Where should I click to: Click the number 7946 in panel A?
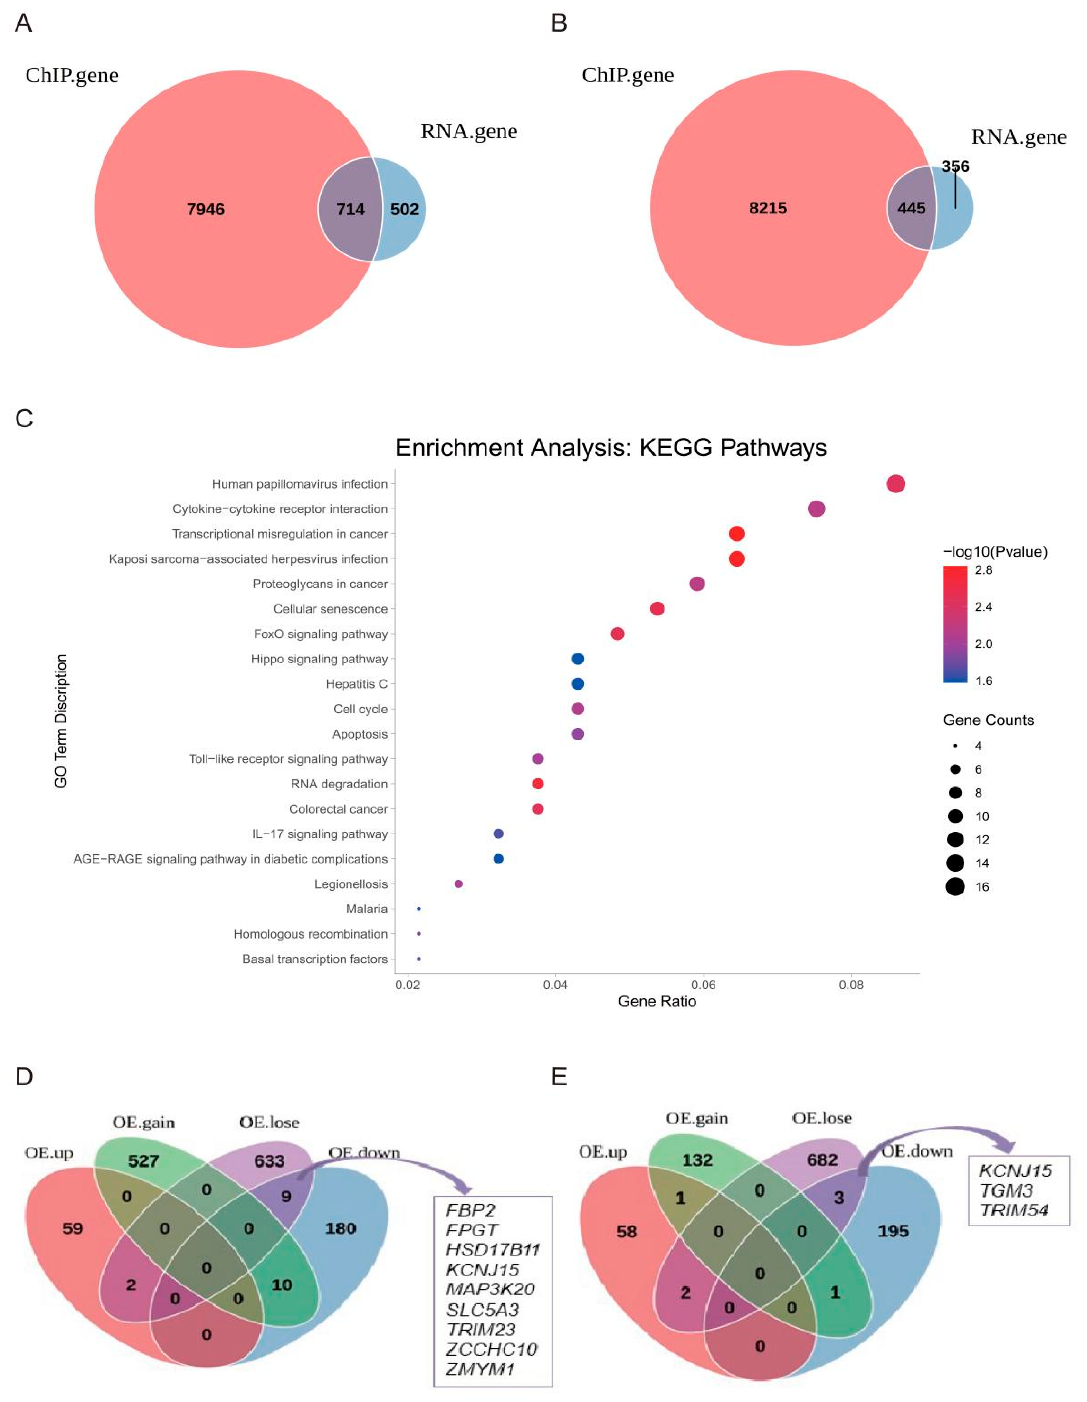click(205, 209)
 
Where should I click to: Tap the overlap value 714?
click(350, 209)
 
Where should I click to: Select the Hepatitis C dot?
click(577, 684)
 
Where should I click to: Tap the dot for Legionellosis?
click(458, 884)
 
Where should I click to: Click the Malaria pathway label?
click(367, 909)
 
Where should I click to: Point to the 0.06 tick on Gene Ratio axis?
click(704, 985)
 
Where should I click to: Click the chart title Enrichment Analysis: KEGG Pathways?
click(611, 447)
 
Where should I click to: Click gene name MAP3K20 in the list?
click(491, 1289)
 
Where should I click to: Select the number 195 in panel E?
click(893, 1231)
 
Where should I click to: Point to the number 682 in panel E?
click(822, 1160)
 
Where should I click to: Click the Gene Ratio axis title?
click(657, 1001)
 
